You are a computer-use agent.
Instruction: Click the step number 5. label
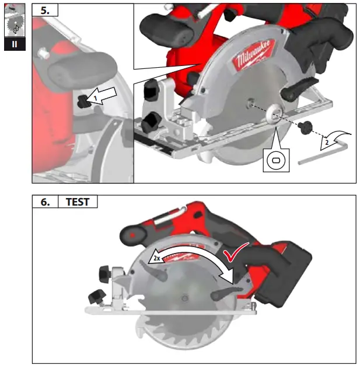tap(44, 10)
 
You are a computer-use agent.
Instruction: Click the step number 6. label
tap(44, 202)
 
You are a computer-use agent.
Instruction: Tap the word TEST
tap(78, 202)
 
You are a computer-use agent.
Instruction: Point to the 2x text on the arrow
tap(157, 256)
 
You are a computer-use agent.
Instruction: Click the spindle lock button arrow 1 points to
tap(86, 102)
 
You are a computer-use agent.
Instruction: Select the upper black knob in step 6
tap(106, 273)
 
